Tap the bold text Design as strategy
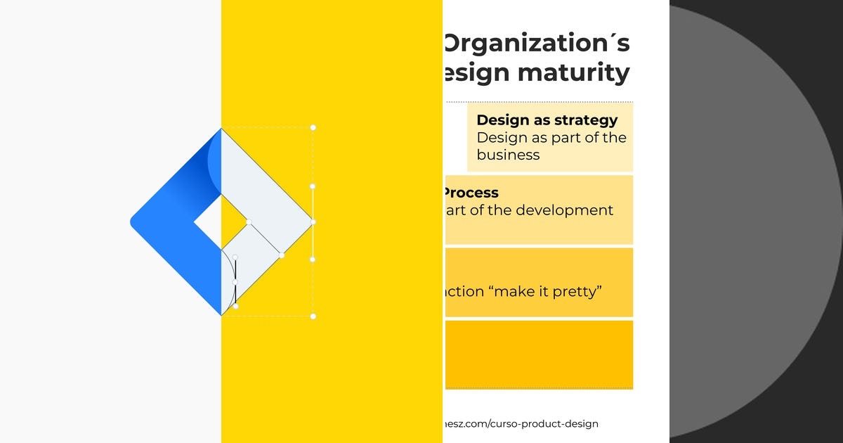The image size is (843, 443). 547,120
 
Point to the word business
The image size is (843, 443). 508,155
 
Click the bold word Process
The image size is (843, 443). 471,193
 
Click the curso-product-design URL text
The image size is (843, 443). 520,423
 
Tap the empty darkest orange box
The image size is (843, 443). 539,354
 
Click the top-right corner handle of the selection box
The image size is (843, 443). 313,127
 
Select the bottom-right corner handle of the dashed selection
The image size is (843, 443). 313,316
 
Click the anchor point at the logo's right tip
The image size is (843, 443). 313,222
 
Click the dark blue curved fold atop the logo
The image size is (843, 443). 211,158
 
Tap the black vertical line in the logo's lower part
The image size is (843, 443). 235,281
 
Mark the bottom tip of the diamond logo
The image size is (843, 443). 221,314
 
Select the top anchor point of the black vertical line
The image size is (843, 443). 235,257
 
